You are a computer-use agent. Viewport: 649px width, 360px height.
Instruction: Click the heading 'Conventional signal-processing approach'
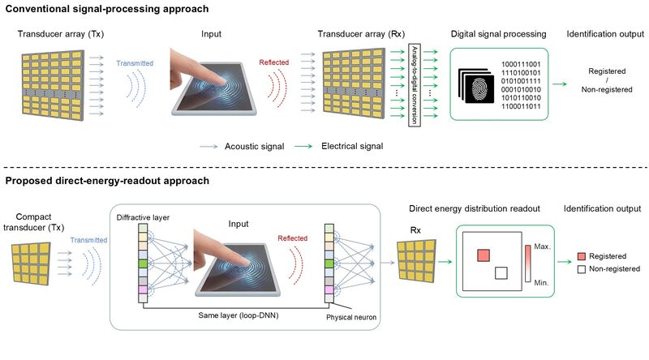tap(107, 9)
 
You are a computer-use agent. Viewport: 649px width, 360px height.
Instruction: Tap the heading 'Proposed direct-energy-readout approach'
tap(107, 181)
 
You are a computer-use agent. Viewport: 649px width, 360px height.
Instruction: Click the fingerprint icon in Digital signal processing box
tap(480, 88)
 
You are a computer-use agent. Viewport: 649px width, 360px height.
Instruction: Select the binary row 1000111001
tap(521, 64)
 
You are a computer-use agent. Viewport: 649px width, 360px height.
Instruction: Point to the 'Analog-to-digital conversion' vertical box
tap(415, 85)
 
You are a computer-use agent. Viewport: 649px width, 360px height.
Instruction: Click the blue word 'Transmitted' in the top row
tap(135, 63)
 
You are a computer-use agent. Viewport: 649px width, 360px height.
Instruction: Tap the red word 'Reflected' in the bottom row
tap(293, 238)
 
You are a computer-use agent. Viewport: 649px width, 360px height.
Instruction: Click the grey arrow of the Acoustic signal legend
tap(208, 147)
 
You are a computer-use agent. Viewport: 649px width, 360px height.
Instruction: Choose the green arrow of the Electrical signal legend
tap(303, 147)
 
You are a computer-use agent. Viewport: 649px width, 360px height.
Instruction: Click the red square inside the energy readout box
tap(484, 255)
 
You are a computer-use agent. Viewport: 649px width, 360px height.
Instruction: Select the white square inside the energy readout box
tap(501, 273)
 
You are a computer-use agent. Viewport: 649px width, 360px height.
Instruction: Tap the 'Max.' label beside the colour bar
tap(542, 246)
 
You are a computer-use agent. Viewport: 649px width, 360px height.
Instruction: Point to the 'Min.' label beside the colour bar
tap(541, 283)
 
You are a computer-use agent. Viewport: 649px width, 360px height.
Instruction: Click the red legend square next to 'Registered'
tap(582, 256)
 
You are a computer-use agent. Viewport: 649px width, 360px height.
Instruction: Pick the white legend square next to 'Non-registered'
tap(582, 269)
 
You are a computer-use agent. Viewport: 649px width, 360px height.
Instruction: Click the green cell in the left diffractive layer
tap(143, 264)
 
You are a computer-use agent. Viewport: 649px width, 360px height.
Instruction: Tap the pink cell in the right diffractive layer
tap(329, 289)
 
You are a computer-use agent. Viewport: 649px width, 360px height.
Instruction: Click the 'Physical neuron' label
tap(351, 317)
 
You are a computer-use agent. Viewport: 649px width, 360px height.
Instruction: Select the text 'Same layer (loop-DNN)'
tap(239, 315)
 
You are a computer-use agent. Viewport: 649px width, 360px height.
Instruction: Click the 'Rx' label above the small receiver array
tap(415, 230)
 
